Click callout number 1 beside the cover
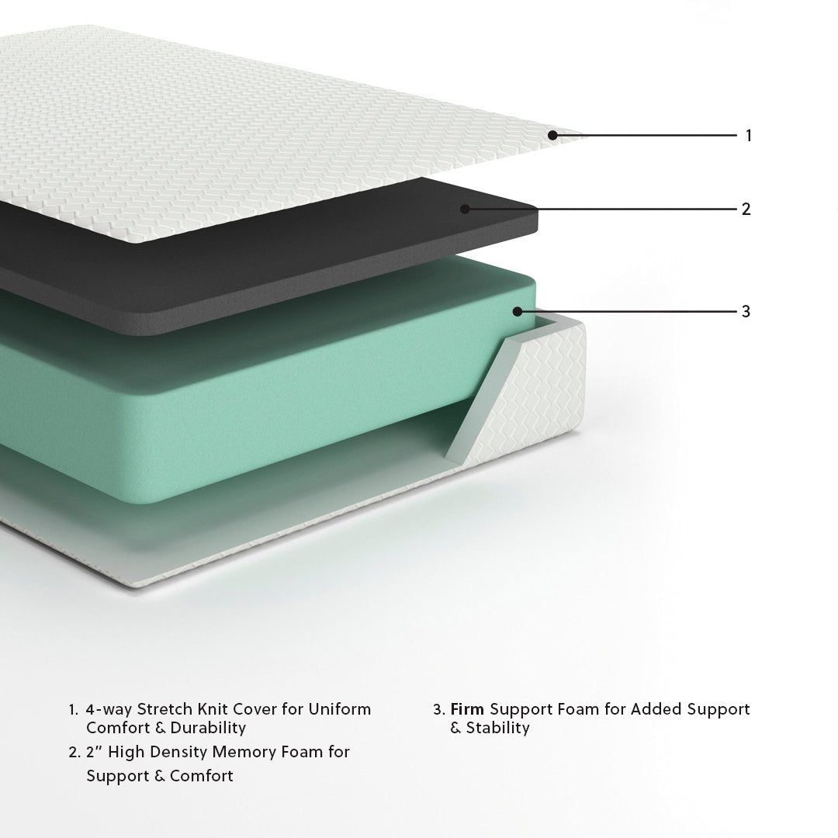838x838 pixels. (748, 136)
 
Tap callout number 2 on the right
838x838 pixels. (746, 209)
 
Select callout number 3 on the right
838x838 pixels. (746, 312)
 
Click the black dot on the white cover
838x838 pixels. (552, 135)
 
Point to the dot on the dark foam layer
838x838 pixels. (465, 208)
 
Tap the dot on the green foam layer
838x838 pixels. (517, 311)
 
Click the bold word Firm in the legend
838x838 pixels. (468, 708)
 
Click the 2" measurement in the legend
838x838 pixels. (95, 752)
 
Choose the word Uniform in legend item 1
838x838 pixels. (339, 708)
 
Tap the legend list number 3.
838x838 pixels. (438, 709)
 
